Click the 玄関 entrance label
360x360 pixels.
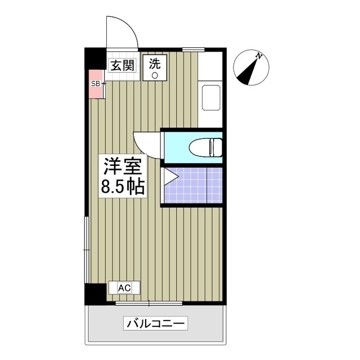pyautogui.click(x=121, y=65)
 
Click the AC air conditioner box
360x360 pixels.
pyautogui.click(x=124, y=287)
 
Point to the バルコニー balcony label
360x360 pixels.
pyautogui.click(x=156, y=324)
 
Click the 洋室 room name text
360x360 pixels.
pyautogui.click(x=124, y=166)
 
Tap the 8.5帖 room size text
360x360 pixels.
pyautogui.click(x=124, y=186)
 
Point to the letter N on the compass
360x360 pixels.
pyautogui.click(x=258, y=56)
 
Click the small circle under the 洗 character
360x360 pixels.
pyautogui.click(x=155, y=75)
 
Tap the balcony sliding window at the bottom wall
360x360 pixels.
pyautogui.click(x=149, y=303)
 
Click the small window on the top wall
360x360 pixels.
pyautogui.click(x=193, y=50)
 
